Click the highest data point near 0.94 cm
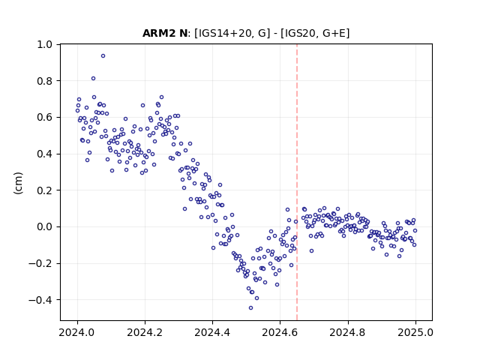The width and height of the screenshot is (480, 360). point(103,55)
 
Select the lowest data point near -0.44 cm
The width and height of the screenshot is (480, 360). point(250,307)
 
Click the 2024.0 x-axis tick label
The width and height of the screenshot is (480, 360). point(77,332)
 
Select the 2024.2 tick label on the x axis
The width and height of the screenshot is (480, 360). point(145,332)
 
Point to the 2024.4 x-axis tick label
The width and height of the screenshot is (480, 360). point(212,332)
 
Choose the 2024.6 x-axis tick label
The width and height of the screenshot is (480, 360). point(280,332)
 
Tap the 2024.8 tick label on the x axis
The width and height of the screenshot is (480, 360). point(348,332)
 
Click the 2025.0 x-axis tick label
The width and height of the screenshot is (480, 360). point(415,332)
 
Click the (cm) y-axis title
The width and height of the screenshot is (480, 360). point(18,183)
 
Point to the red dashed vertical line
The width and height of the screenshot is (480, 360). point(297,182)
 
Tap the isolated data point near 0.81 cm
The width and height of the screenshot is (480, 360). point(93,78)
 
